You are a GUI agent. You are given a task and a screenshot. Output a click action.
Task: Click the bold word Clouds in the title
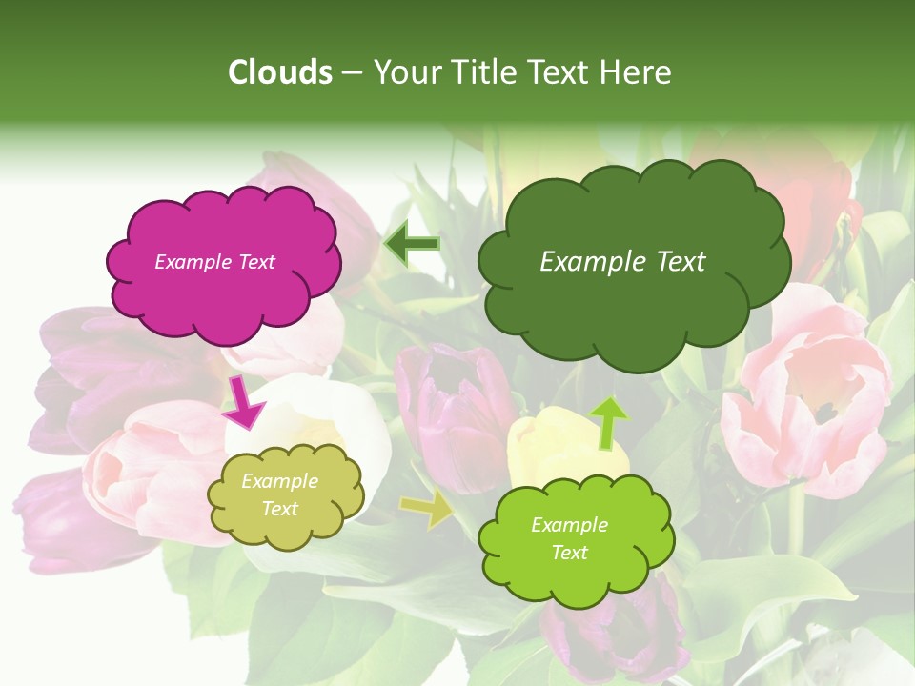(x=280, y=72)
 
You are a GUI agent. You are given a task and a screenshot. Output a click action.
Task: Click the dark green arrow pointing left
(x=412, y=244)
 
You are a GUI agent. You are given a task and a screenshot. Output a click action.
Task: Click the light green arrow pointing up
(x=607, y=422)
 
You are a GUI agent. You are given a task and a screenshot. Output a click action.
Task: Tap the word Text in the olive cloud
(x=279, y=509)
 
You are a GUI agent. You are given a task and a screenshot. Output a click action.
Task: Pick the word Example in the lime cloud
(x=569, y=525)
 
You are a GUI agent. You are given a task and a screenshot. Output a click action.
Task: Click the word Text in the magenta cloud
(x=256, y=262)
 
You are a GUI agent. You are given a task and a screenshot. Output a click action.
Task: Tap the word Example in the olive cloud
(x=279, y=481)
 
